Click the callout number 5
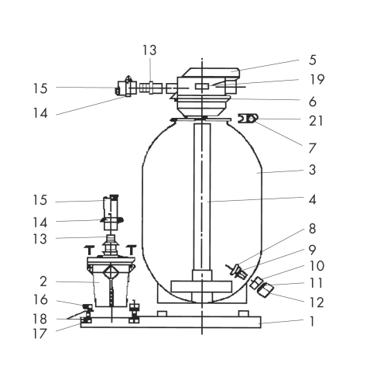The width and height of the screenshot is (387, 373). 313,60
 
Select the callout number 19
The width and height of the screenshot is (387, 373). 317,79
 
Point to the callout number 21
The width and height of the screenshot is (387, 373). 316,121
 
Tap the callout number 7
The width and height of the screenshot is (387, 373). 313,148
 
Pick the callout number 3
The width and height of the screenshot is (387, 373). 313,170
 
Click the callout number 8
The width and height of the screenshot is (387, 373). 312,229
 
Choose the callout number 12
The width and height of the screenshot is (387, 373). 317,302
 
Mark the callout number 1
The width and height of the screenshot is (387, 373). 312,322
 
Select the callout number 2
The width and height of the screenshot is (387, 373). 43,281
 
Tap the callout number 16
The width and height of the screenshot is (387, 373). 40,300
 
